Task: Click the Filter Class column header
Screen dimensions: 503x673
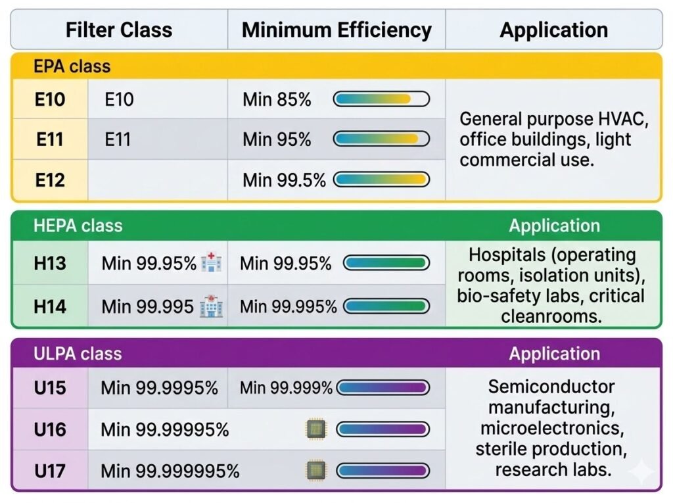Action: click(x=119, y=30)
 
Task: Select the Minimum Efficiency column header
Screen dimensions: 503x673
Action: click(x=336, y=30)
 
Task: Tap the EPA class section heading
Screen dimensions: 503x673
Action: click(x=72, y=66)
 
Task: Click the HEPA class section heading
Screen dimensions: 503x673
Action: click(x=78, y=226)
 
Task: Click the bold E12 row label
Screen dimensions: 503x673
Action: click(x=50, y=180)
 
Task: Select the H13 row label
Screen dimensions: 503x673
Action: click(x=50, y=264)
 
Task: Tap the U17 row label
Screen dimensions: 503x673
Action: click(x=50, y=470)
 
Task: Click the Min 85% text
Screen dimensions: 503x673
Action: click(x=277, y=100)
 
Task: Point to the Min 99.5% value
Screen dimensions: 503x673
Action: click(x=284, y=180)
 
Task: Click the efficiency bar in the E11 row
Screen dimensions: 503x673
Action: click(x=381, y=139)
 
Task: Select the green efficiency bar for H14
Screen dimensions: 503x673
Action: click(x=386, y=306)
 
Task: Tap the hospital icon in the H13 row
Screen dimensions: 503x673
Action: click(x=212, y=263)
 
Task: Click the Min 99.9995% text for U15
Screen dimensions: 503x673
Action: click(x=159, y=388)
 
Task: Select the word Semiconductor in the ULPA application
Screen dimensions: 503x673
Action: click(x=551, y=387)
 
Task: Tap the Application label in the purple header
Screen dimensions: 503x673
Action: click(x=554, y=354)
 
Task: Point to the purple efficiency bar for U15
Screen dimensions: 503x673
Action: click(x=383, y=388)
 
